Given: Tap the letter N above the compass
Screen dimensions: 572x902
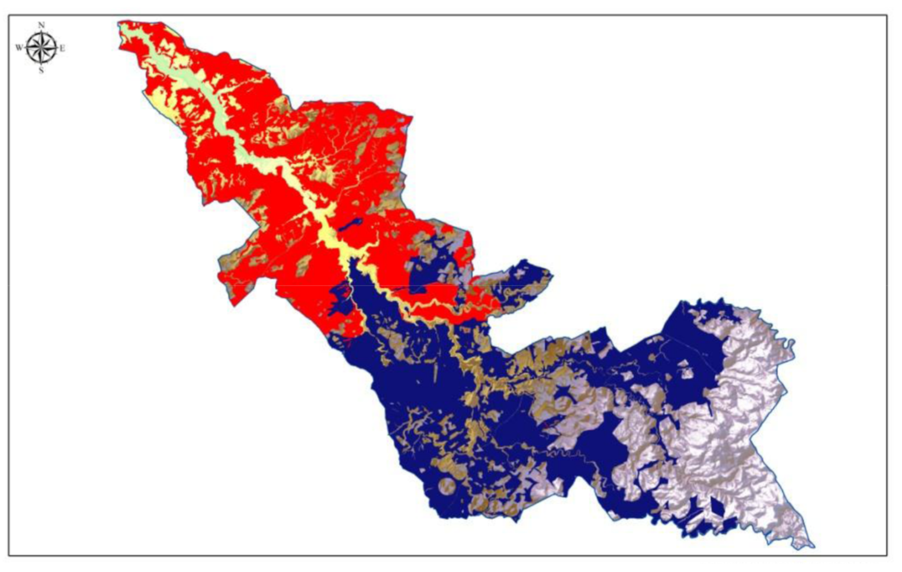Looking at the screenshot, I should click(41, 25).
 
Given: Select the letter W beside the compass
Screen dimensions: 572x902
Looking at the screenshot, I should click(19, 48).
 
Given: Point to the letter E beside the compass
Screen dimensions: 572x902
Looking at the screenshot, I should click(62, 49).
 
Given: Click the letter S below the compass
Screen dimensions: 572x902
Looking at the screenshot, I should click(41, 71).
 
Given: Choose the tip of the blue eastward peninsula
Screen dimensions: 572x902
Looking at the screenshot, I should click(550, 274).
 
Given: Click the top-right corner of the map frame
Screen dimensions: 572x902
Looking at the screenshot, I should click(887, 16).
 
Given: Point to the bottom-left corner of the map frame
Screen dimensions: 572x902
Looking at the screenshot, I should click(9, 555).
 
